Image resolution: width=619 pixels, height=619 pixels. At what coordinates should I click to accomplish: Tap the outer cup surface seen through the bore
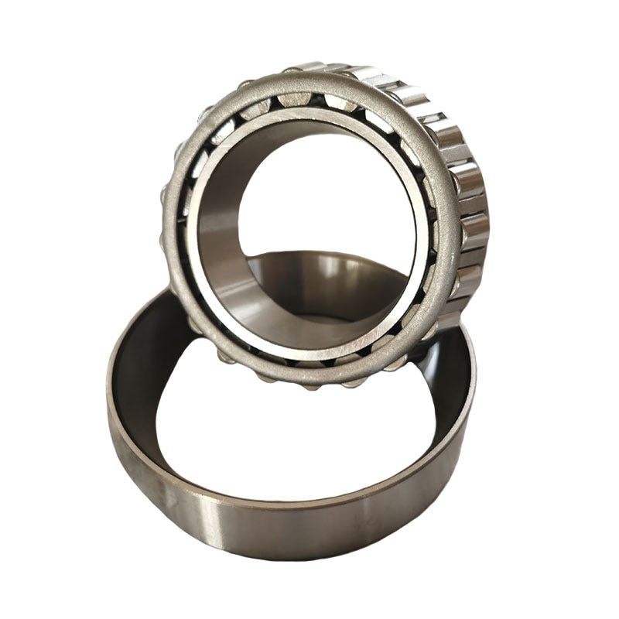325,286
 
